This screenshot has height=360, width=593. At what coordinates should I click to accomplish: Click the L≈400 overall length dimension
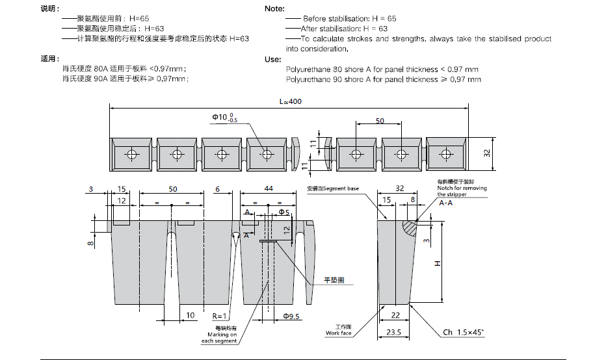click(290, 101)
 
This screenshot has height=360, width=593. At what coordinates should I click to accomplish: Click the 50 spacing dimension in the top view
click(379, 121)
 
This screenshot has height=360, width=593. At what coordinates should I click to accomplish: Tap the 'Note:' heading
click(276, 8)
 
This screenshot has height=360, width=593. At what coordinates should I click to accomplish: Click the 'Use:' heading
click(273, 58)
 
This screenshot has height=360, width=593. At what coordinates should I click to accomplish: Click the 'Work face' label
click(339, 333)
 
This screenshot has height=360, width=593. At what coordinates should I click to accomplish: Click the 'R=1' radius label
click(219, 315)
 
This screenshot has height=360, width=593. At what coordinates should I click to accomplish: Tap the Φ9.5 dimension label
click(291, 316)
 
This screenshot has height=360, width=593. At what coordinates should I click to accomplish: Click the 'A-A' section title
click(447, 203)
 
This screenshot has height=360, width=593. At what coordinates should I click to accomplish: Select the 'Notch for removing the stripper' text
click(461, 191)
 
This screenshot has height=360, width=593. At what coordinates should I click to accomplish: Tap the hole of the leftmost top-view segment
click(132, 155)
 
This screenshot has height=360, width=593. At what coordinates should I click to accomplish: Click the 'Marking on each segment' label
click(218, 335)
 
